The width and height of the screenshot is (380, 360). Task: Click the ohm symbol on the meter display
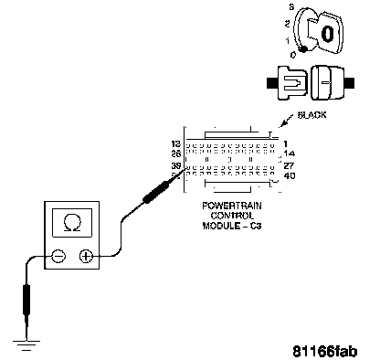tap(72, 223)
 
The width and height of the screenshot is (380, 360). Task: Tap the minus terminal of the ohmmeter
tap(58, 256)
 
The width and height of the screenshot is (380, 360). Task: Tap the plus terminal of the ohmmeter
tap(86, 256)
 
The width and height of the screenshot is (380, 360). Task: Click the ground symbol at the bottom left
tap(26, 345)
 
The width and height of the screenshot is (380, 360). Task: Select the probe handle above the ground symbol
tap(26, 300)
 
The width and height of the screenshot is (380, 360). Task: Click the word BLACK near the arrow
tap(312, 115)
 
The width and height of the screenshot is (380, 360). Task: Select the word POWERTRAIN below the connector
tap(232, 206)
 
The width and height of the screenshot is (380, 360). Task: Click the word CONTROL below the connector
tap(232, 216)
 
